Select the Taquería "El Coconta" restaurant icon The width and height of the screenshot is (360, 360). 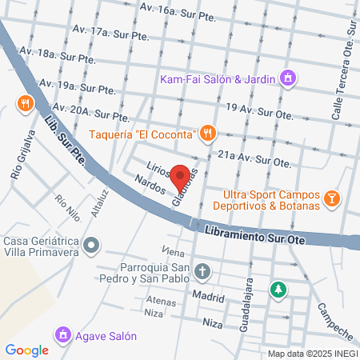208,133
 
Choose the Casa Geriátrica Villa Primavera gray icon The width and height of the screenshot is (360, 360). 93,244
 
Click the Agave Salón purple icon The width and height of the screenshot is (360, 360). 62,334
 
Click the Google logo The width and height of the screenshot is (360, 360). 27,350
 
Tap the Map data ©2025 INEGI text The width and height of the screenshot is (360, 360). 312,353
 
